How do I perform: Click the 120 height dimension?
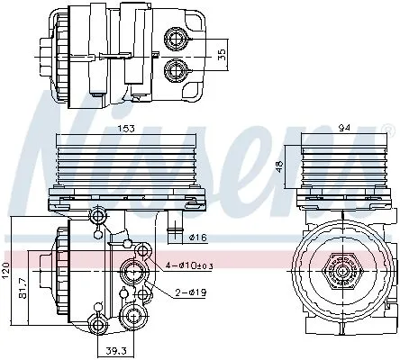coord(7,269)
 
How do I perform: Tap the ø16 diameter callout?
coord(200,238)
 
